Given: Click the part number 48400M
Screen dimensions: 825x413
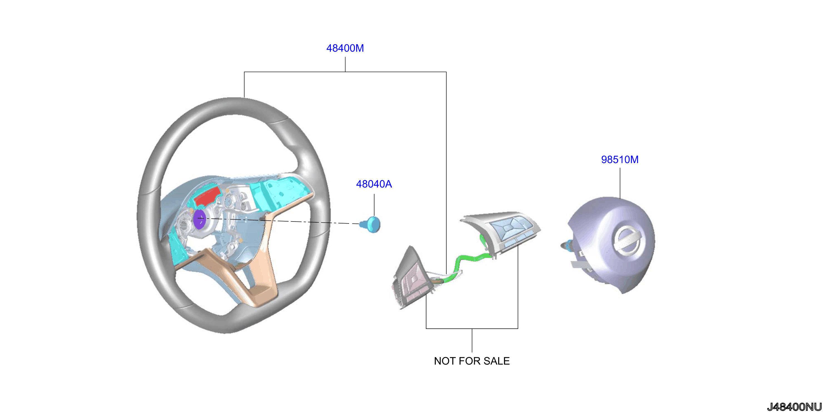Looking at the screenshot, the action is (345, 48).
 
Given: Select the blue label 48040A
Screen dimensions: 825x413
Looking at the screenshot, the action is (374, 184).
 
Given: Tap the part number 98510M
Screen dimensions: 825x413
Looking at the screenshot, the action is (620, 159).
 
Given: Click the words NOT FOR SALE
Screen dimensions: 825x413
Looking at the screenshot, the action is (472, 361).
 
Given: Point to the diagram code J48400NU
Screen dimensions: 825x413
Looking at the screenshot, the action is (794, 407).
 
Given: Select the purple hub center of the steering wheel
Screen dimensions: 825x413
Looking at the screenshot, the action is (200, 219).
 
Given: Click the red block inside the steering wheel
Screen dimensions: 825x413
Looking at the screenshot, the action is (208, 196).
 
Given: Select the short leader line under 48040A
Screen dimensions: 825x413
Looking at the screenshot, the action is (374, 205).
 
